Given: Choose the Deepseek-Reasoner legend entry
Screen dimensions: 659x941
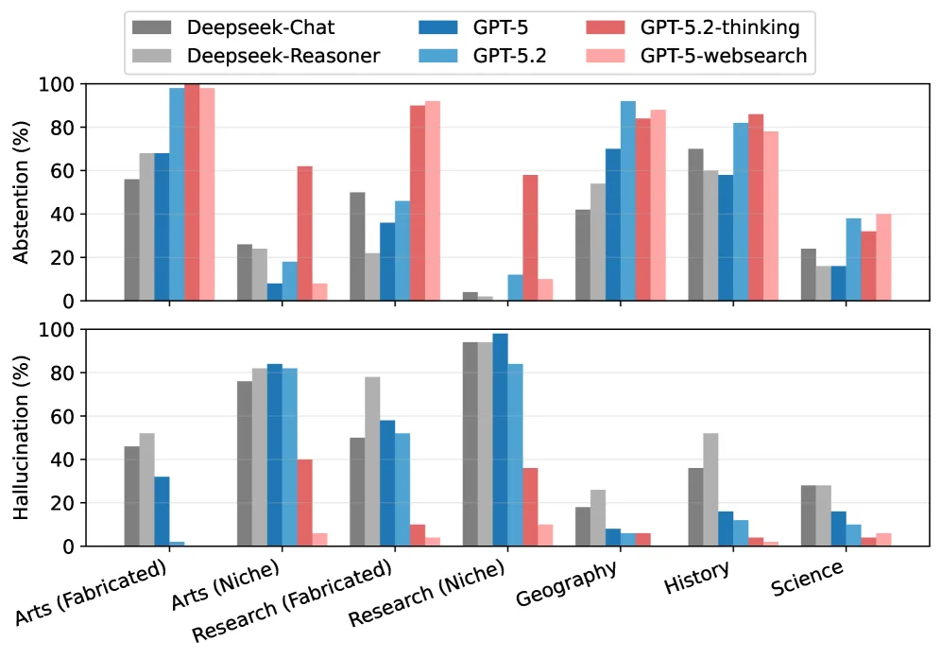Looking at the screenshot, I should pos(270,56).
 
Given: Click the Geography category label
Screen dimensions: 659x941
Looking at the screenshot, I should pos(567,583).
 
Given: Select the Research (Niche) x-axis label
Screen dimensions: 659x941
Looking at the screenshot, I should pos(427,593).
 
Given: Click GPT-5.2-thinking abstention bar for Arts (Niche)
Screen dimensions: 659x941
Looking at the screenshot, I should pos(304,234).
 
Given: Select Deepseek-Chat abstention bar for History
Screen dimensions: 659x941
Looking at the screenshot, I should pos(695,225).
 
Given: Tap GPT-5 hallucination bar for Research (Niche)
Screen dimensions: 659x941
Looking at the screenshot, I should pos(500,440).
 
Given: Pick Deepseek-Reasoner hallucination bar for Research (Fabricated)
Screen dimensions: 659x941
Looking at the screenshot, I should pos(372,461).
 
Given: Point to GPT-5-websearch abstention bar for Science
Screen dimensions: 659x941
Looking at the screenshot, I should pos(883,257).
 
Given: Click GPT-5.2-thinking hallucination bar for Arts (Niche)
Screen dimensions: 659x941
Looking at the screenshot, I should pos(304,503).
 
